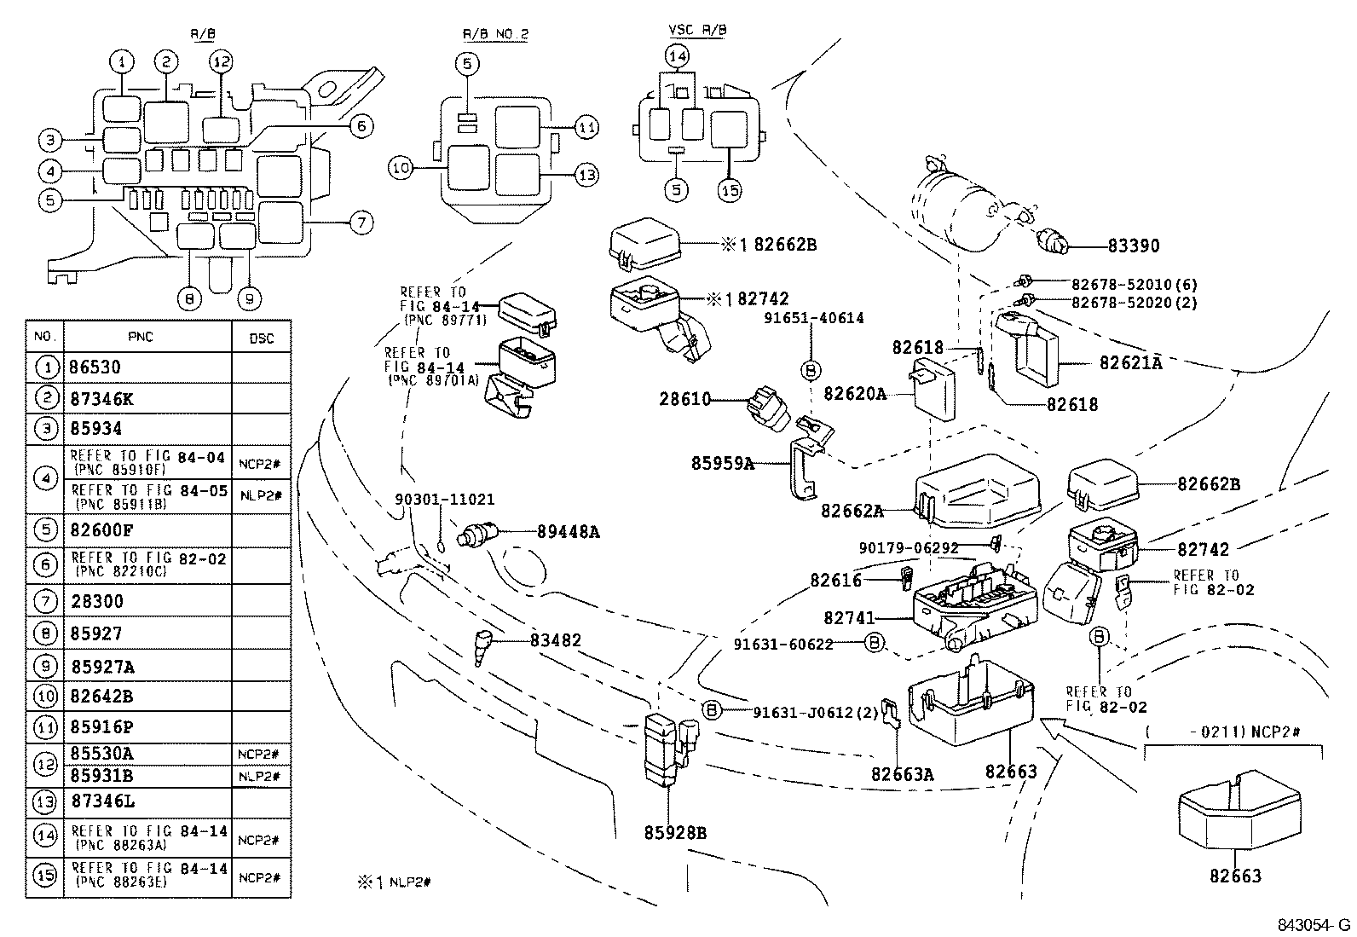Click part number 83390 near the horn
1133,246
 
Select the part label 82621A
1130,362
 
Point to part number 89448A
568,532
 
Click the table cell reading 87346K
101,399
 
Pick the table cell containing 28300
96,601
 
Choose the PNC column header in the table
141,338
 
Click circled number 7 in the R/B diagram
361,223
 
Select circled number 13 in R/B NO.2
586,176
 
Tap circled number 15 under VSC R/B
730,189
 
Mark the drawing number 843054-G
1313,925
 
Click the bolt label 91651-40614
813,318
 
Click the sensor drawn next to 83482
484,645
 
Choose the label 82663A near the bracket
903,774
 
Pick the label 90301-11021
444,500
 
